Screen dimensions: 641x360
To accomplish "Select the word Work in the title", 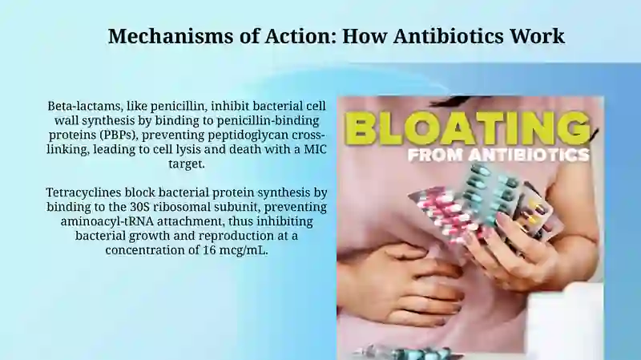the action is pyautogui.click(x=537, y=35).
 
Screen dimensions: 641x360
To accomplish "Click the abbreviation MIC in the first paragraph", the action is pyautogui.click(x=315, y=149).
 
